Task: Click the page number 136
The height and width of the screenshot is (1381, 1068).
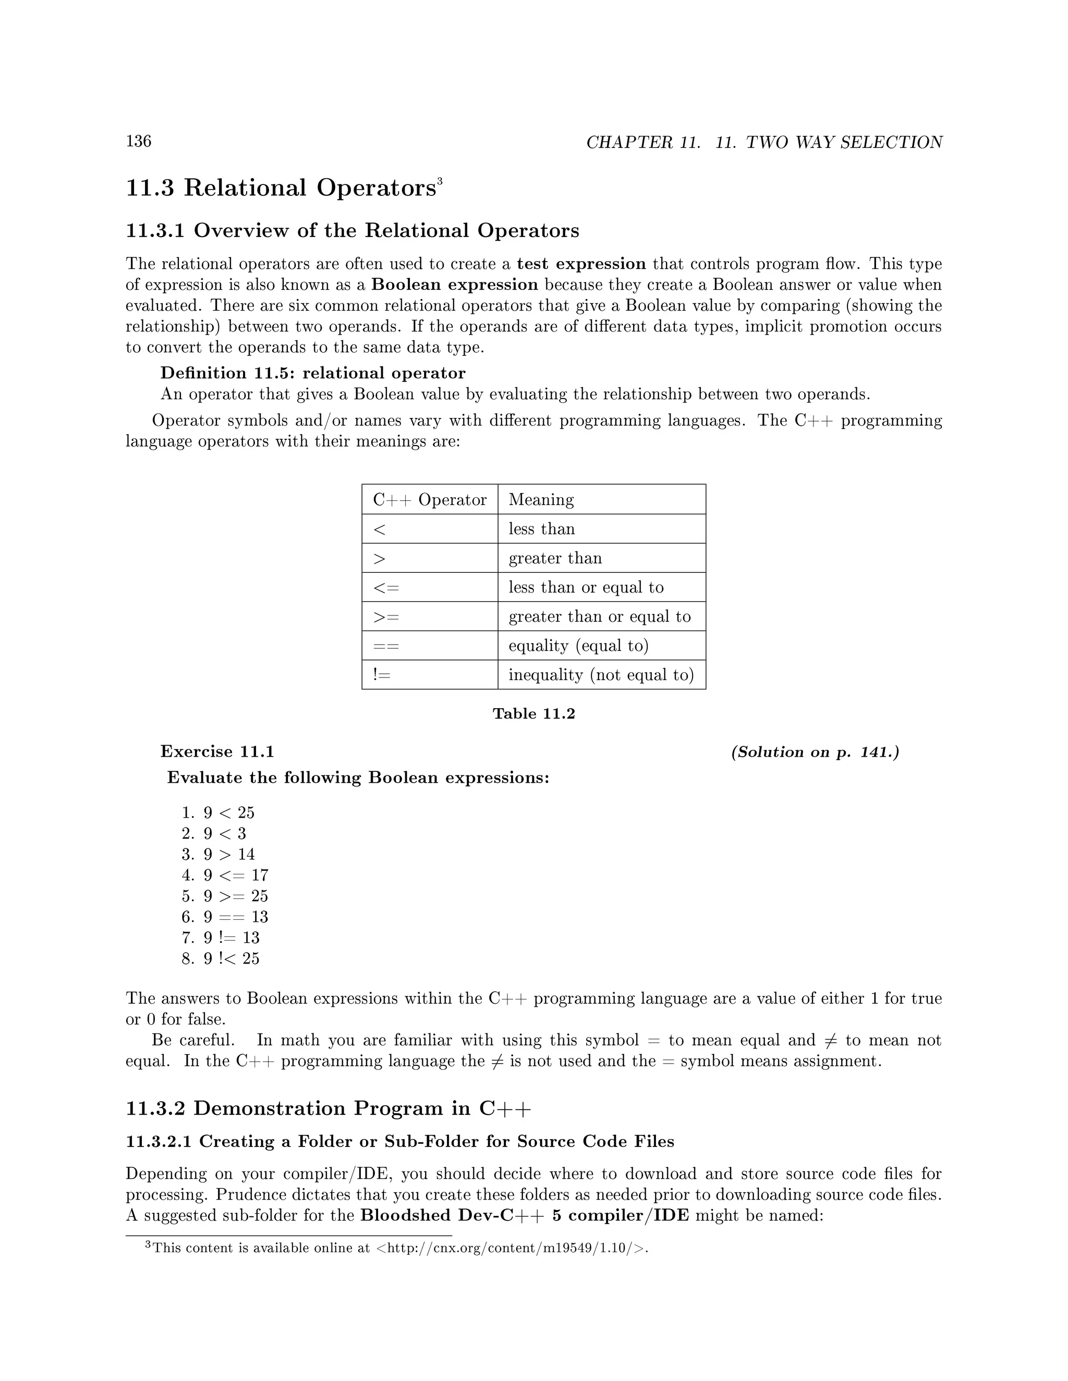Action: pyautogui.click(x=139, y=141)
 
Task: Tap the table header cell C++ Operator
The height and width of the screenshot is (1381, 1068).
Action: pyautogui.click(x=430, y=500)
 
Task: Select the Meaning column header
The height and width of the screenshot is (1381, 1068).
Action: pyautogui.click(x=541, y=500)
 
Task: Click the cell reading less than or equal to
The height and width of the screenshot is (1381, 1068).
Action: pyautogui.click(x=586, y=587)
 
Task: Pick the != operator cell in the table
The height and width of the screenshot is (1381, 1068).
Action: pyautogui.click(x=382, y=675)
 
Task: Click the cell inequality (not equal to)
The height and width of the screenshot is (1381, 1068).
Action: pyautogui.click(x=601, y=675)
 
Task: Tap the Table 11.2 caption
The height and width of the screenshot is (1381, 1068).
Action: pyautogui.click(x=533, y=714)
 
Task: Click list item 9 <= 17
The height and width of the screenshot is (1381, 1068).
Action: pyautogui.click(x=235, y=875)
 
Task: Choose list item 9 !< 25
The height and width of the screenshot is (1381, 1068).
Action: pyautogui.click(x=231, y=958)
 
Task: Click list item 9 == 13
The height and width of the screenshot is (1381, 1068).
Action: pyautogui.click(x=235, y=917)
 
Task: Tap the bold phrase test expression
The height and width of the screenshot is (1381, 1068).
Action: pyautogui.click(x=581, y=264)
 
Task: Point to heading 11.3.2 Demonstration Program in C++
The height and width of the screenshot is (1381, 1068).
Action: pyautogui.click(x=329, y=1108)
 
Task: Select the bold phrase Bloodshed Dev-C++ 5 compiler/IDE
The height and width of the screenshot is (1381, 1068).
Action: pyautogui.click(x=525, y=1215)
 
